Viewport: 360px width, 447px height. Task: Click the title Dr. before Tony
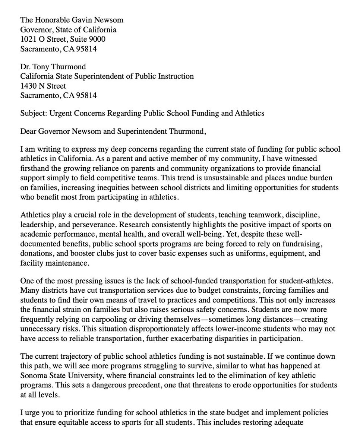coord(26,67)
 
